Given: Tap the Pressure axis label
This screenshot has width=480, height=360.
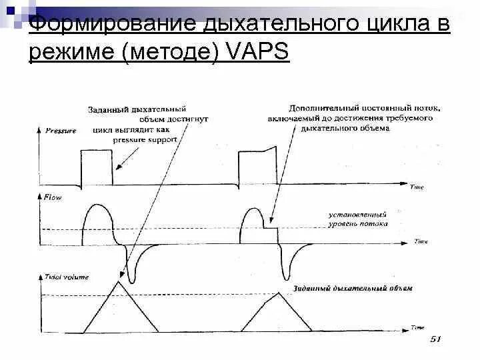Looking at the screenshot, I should point(61,130).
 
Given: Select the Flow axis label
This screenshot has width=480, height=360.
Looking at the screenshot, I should point(52,197).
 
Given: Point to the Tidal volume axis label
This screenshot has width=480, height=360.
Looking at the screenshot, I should point(67,276).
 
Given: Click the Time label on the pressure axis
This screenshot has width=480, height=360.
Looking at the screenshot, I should point(416,188).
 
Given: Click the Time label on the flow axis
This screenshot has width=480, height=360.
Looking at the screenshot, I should point(420,241).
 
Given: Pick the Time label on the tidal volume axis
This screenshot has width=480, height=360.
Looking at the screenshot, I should point(417,327).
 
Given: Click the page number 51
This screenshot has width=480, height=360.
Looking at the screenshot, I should point(435,339).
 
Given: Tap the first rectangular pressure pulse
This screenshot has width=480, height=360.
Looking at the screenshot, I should point(96,166).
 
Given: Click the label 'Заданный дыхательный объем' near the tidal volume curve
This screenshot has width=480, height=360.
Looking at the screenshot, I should point(353,289).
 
